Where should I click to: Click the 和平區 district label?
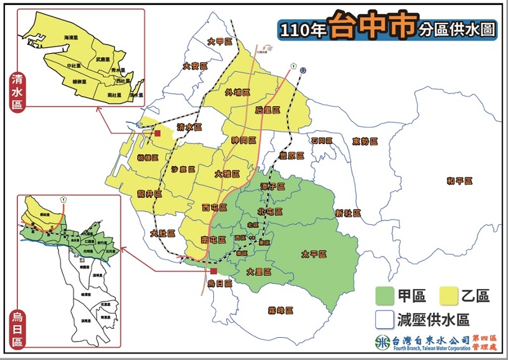[459, 182]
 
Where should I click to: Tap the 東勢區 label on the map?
[365, 141]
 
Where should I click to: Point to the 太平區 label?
[313, 254]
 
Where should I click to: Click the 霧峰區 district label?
[280, 310]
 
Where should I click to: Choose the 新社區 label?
[348, 213]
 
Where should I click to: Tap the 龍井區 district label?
[150, 194]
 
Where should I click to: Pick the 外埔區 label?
[237, 92]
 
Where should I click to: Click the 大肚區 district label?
[163, 233]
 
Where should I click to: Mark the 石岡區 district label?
[321, 140]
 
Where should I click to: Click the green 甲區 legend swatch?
[385, 295]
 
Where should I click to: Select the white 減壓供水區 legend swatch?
[385, 319]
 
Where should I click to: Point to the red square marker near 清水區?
[156, 134]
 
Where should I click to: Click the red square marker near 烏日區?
[214, 271]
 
